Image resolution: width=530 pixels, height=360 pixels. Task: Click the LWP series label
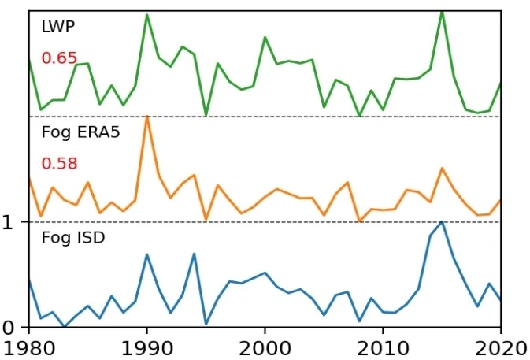[58, 28]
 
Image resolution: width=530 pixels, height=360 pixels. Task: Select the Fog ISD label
[72, 236]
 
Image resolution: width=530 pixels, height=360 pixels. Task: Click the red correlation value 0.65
[59, 58]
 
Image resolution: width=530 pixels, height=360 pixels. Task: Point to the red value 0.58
[59, 164]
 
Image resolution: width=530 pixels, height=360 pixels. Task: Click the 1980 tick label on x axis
[29, 347]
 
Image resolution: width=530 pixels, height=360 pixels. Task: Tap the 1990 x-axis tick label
[147, 347]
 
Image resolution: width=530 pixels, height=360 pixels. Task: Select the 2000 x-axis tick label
[265, 347]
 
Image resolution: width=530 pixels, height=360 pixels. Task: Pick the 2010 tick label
[383, 347]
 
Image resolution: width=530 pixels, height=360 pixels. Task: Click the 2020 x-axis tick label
[499, 347]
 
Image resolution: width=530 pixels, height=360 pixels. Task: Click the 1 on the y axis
[9, 222]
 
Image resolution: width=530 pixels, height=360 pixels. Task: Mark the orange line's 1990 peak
[147, 117]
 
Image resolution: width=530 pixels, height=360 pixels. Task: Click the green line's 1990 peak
[147, 14]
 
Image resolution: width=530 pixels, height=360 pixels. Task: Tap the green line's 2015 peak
[442, 11]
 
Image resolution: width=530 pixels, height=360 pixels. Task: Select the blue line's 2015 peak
[442, 221]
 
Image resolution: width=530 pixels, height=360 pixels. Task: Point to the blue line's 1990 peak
[147, 254]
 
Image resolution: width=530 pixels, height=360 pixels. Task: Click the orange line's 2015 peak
[442, 168]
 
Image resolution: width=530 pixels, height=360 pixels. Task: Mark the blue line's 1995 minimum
[206, 324]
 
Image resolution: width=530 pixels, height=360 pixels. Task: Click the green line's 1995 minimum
[206, 115]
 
